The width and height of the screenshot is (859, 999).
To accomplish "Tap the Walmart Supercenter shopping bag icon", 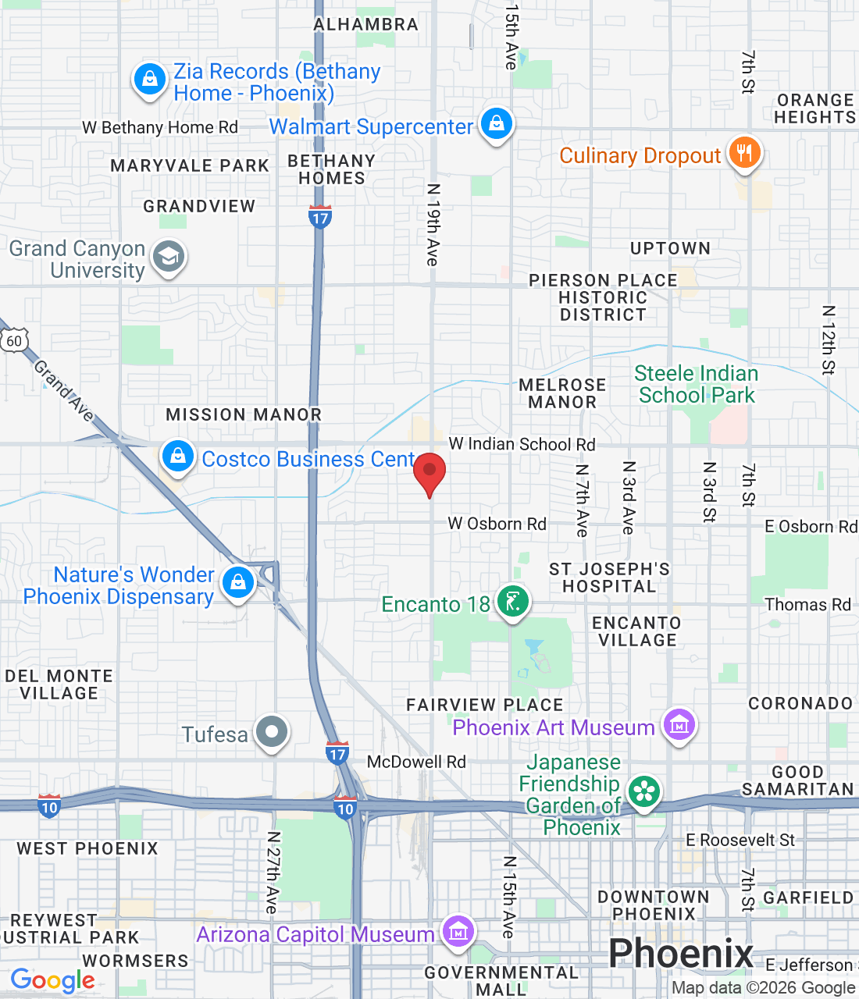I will pos(496,123).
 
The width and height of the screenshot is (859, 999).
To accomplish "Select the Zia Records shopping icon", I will pos(149,79).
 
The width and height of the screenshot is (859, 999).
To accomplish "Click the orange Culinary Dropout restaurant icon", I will pos(744,153).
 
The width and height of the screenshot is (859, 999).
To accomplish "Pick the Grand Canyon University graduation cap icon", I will pos(169,257).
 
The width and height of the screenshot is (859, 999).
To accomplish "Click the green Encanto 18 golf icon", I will pos(512,603).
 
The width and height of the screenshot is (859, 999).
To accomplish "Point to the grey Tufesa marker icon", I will pos(272,733).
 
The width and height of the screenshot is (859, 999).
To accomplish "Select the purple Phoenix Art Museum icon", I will pos(679,725).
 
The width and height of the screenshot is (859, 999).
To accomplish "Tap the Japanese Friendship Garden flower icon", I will pos(644,792).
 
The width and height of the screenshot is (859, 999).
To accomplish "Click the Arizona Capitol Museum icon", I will pos(458,932).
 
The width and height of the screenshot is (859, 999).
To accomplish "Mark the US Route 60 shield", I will pos(15,341).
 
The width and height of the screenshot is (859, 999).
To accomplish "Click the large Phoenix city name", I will pos(680,954).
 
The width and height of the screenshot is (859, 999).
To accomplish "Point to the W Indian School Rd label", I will pos(522,444).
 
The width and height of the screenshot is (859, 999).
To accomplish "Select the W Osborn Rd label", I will pos(497,524).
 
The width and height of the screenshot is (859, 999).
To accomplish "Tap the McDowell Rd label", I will pos(416,762).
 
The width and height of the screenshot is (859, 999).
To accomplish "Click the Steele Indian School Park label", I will pos(696,384).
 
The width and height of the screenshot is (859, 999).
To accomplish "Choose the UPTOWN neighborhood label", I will pos(670,248).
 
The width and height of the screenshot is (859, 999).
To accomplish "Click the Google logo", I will pos(52,980).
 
